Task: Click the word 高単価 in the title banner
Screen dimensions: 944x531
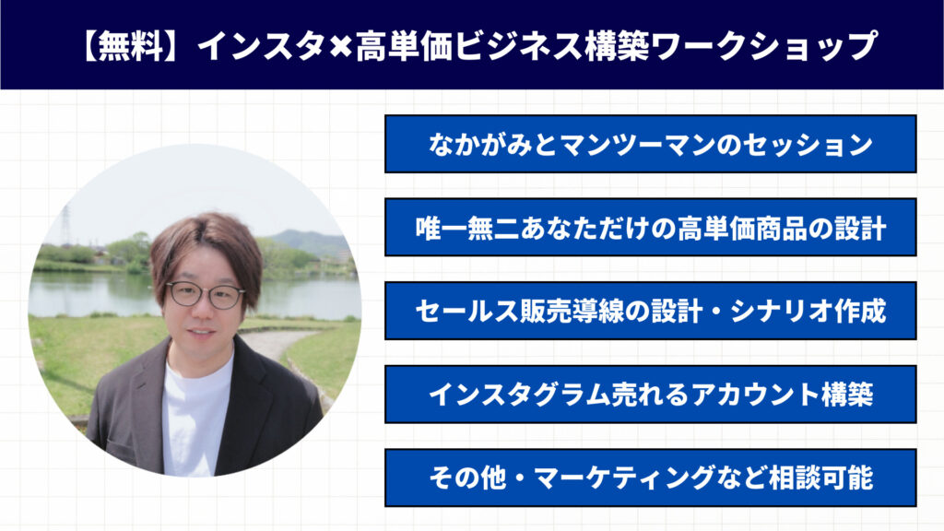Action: pos(404,46)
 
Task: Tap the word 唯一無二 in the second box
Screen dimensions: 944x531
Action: pos(467,229)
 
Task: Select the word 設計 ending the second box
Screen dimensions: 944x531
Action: pos(860,229)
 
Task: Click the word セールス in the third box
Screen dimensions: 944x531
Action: pos(467,312)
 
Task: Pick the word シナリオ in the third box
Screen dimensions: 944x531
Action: pos(782,312)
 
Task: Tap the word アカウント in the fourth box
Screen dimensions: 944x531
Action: pos(755,395)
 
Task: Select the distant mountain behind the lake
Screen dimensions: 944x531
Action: pos(310,242)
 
